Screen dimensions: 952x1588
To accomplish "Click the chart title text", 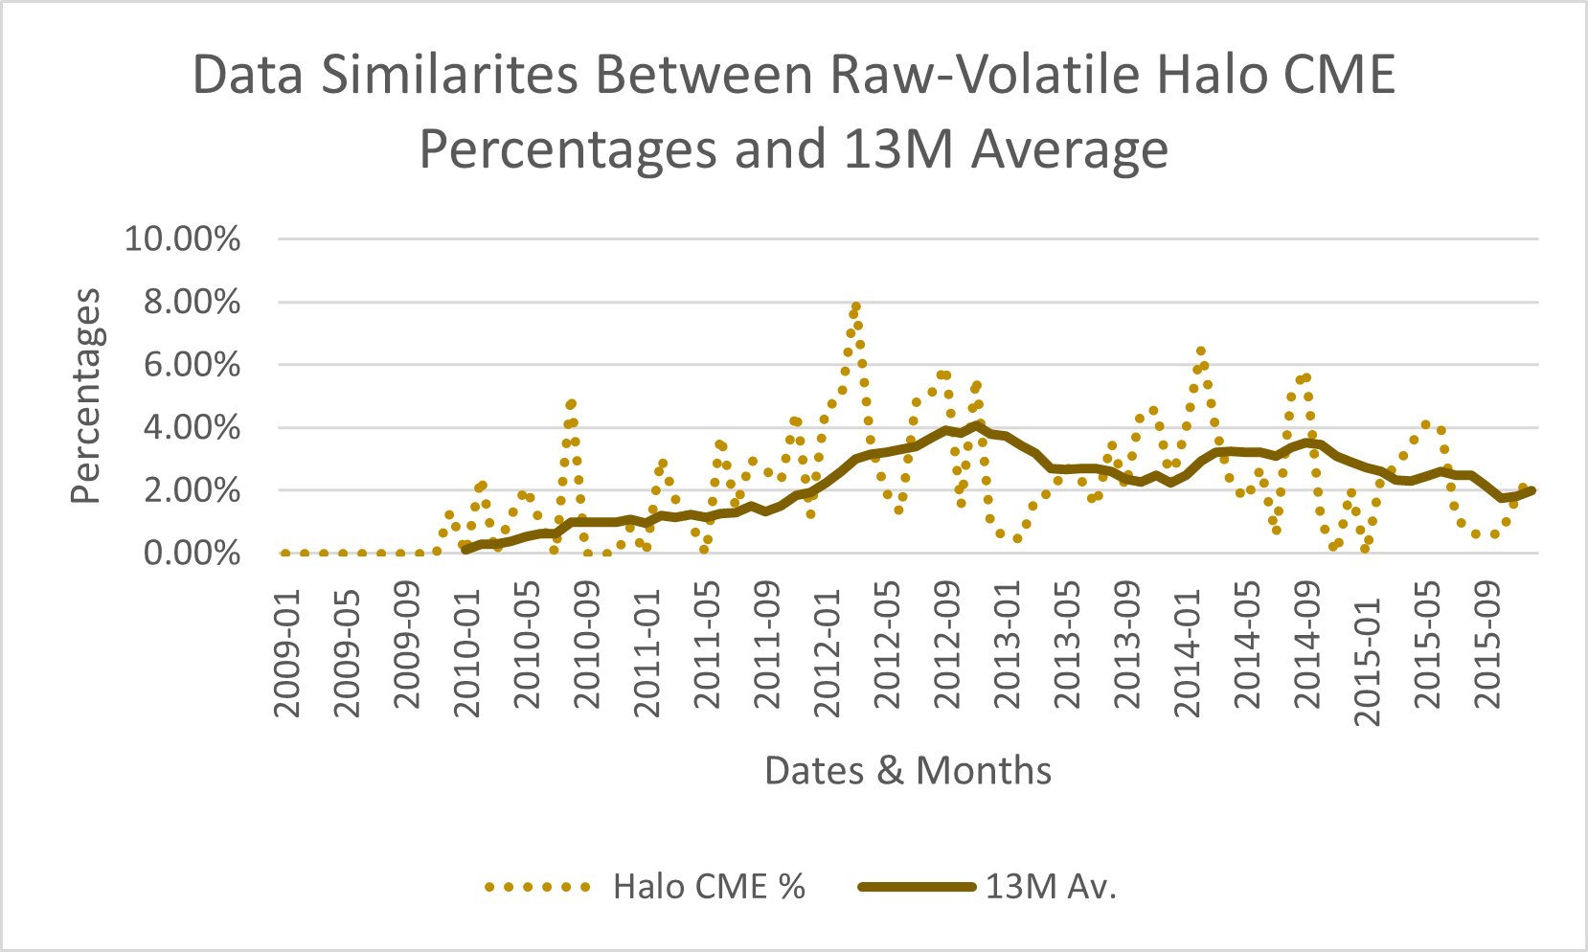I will click(x=793, y=111).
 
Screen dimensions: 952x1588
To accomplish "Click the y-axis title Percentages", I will click(x=86, y=396).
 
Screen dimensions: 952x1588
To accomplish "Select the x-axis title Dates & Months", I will click(x=907, y=770).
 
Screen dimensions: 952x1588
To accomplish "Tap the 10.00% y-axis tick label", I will click(x=183, y=239).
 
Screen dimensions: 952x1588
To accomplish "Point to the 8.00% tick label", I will click(x=191, y=303).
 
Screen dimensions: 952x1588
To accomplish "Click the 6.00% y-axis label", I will click(x=191, y=365).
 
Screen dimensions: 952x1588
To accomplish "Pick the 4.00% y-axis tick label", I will click(x=191, y=428).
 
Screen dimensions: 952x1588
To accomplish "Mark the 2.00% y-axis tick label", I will click(x=191, y=490).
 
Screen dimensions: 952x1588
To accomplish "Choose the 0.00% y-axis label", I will click(x=191, y=554).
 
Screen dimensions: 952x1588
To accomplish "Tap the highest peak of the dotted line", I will click(x=855, y=306).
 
